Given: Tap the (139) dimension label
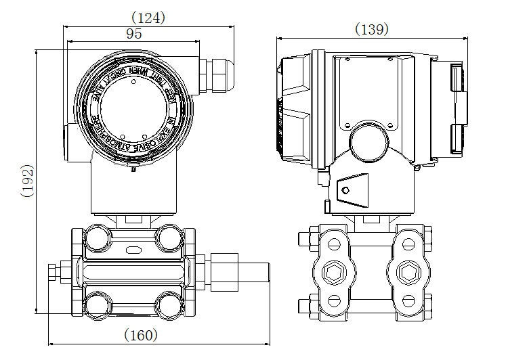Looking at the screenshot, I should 372,29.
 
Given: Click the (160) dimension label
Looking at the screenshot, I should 141,335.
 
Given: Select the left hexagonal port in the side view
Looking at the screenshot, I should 333,272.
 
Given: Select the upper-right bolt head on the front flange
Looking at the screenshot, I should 169,236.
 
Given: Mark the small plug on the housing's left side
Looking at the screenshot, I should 67,140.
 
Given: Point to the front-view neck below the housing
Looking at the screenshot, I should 133,193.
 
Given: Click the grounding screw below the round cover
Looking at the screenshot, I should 133,168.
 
